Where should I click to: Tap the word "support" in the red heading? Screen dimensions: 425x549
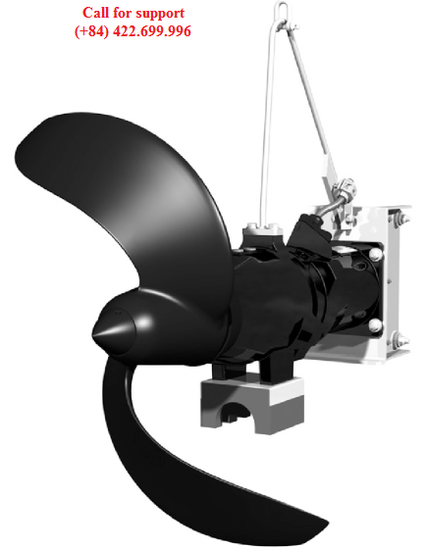160,15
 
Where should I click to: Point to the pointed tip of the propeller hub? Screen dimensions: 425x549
93,334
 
